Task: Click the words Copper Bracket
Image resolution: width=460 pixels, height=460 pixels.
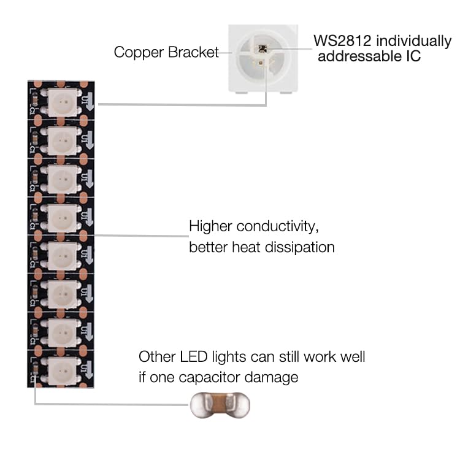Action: coord(166,52)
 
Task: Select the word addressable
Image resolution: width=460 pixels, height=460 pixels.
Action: coord(359,57)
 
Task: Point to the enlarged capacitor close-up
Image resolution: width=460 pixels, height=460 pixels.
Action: coord(219,405)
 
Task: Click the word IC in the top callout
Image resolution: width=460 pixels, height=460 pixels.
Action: coord(412,57)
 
